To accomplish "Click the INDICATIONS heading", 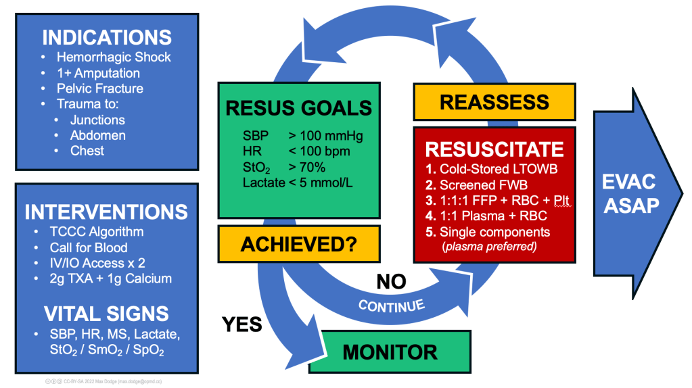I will click(x=106, y=37).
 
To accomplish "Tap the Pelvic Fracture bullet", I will click(x=99, y=89).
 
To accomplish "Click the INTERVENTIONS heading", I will click(x=106, y=212).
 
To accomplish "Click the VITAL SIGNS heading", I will click(x=106, y=314).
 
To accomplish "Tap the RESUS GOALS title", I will click(x=298, y=108).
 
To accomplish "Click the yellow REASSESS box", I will click(x=494, y=102).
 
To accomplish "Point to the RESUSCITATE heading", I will click(x=493, y=149).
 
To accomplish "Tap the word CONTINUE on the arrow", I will click(x=392, y=305).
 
